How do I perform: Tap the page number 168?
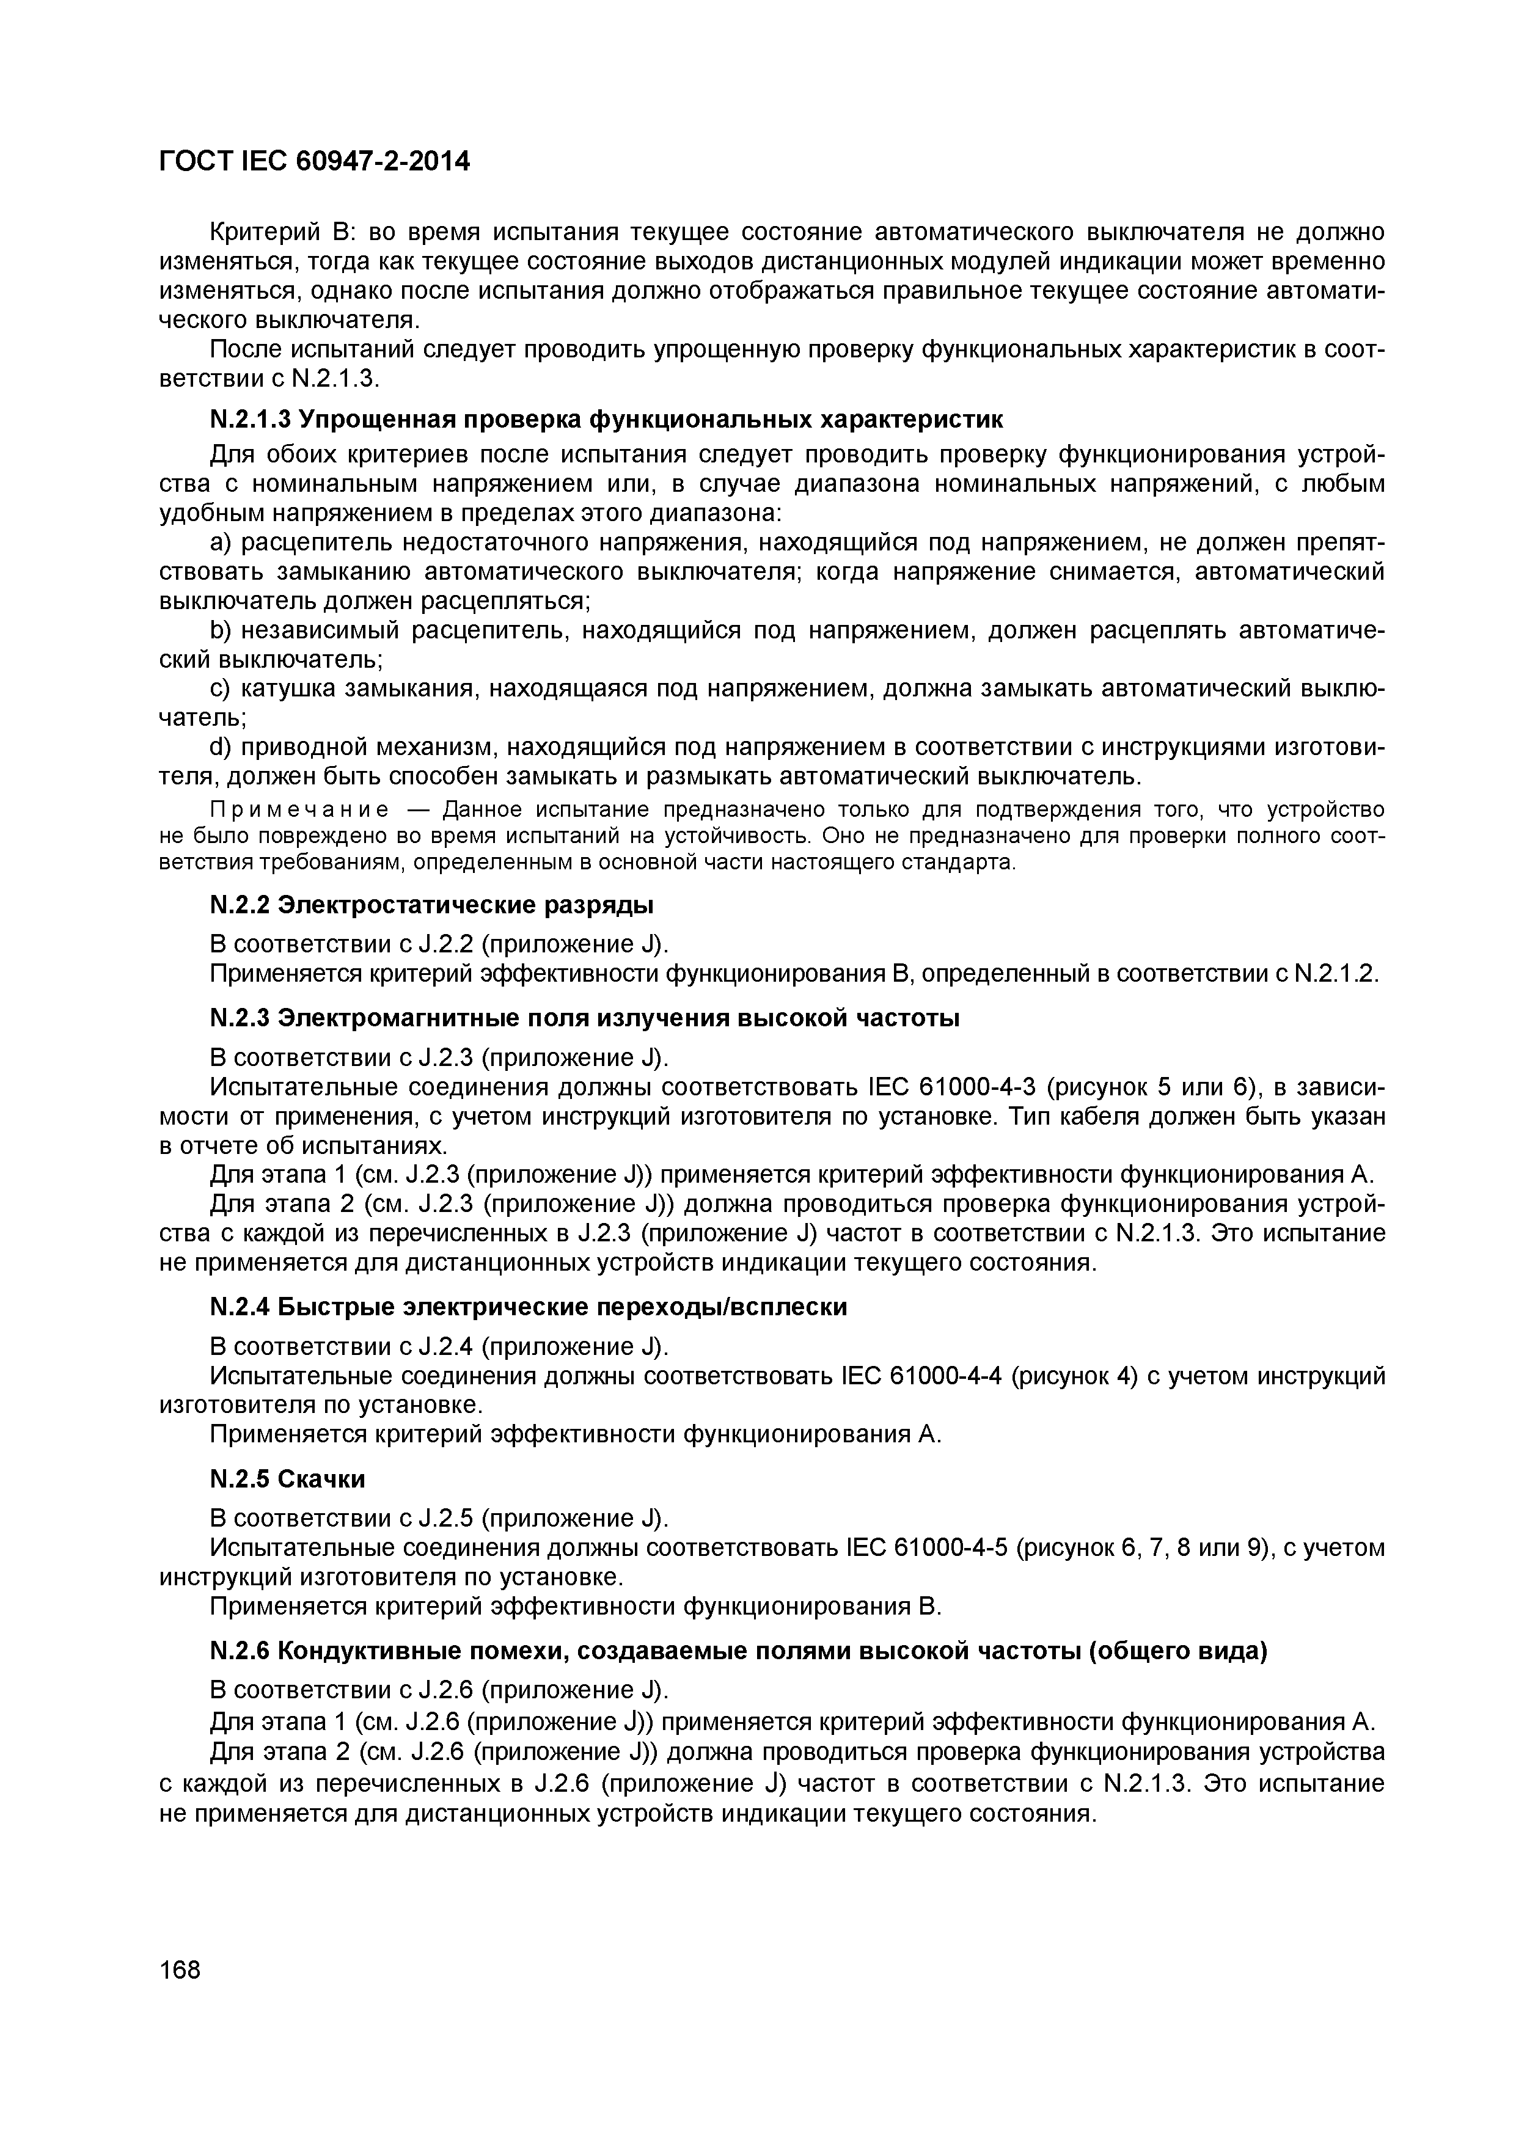point(180,1970)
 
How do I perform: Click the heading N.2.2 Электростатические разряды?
point(431,905)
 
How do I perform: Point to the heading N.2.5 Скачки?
point(288,1480)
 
